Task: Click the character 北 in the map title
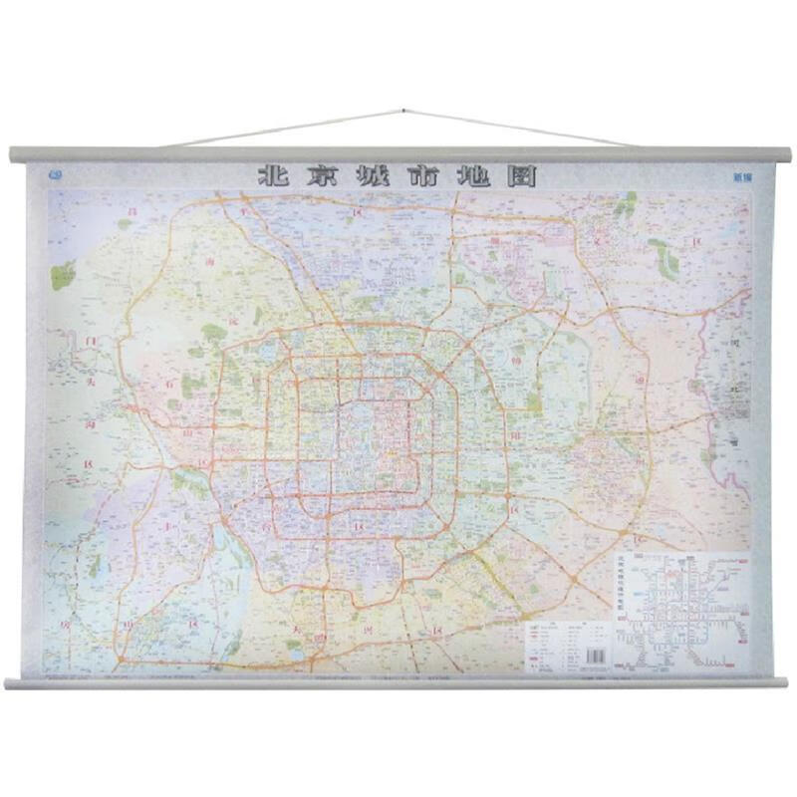click(273, 176)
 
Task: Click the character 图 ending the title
click(524, 176)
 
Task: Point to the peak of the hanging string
click(402, 111)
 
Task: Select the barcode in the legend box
click(594, 656)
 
